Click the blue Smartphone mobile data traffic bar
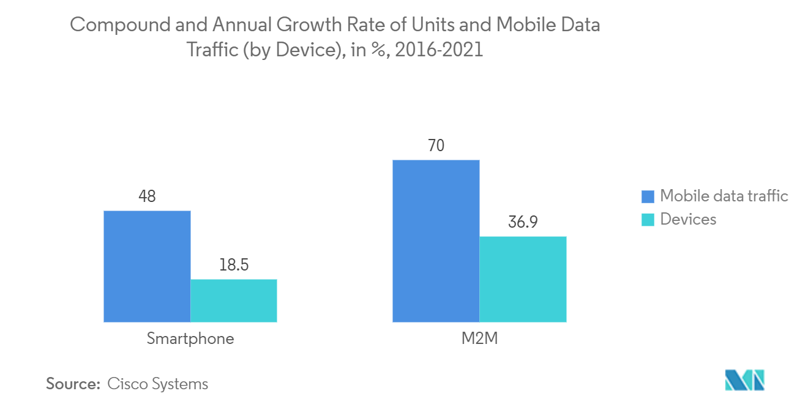147,266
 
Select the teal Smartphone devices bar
234,301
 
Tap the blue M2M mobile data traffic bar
436,241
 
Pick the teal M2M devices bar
523,279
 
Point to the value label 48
147,196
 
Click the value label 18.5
234,265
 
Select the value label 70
436,146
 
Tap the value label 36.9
523,222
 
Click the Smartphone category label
190,339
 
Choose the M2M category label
480,338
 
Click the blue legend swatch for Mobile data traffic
648,196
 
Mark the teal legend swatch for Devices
648,220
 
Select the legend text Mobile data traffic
724,196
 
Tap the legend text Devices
688,219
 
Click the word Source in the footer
73,384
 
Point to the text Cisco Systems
158,384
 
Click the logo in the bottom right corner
745,380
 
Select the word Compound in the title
121,26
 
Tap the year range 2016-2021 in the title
439,50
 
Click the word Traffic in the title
212,50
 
